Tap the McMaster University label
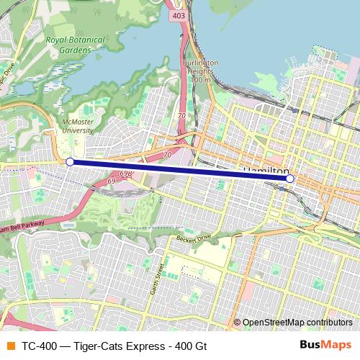(x=77, y=127)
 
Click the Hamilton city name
(x=266, y=170)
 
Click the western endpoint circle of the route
(x=70, y=162)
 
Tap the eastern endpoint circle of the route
(x=289, y=178)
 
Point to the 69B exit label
(x=126, y=174)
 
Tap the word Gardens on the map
(x=76, y=51)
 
